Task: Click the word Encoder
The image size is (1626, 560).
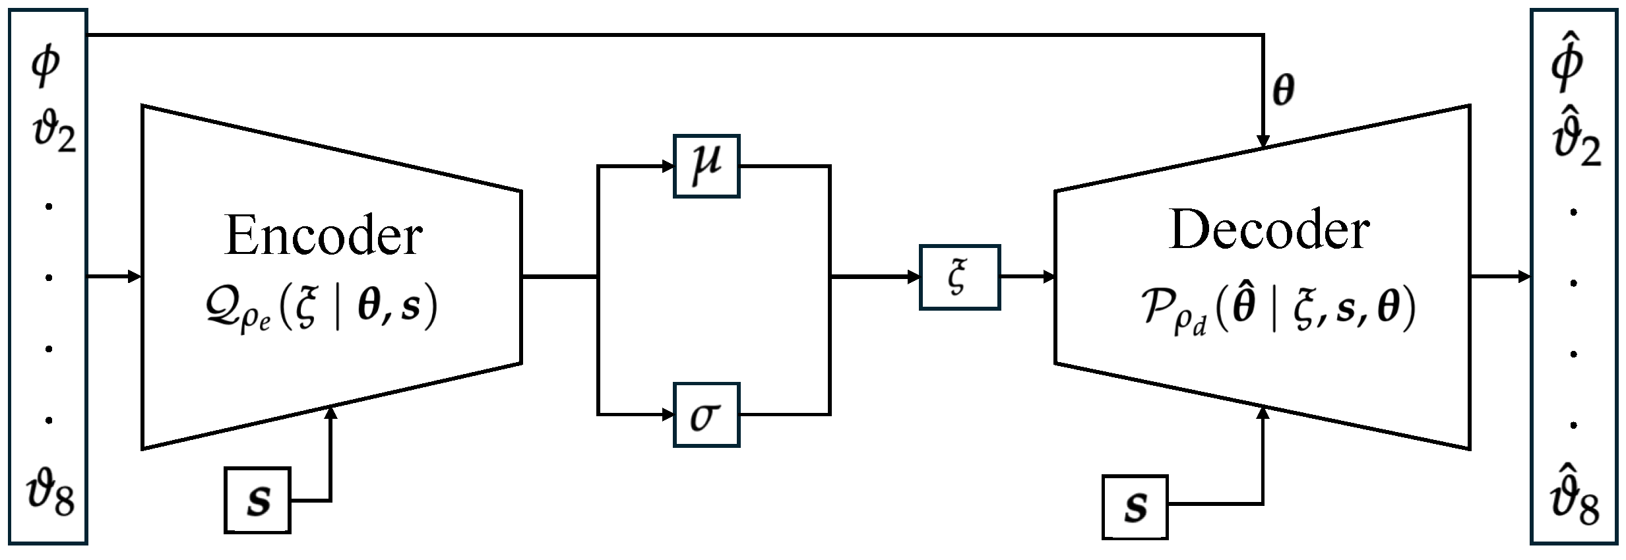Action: pos(323,236)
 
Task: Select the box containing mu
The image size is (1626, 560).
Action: pos(706,166)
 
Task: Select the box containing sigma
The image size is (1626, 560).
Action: pos(706,415)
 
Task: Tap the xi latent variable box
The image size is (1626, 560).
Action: pos(959,277)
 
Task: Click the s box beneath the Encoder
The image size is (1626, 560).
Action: pos(257,500)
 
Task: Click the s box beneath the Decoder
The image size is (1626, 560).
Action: pos(1135,507)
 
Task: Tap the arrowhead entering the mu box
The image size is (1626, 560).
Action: pos(667,166)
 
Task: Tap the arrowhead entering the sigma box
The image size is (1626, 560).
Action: pos(667,415)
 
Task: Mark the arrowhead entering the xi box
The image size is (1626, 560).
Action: pos(914,277)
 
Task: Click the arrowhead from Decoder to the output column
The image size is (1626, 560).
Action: pos(1524,276)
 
